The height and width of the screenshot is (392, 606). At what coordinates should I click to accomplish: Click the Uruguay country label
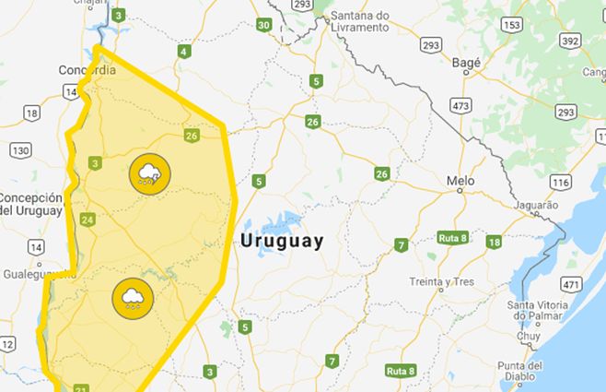click(x=282, y=242)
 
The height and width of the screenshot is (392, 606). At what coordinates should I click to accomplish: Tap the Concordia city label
click(x=86, y=70)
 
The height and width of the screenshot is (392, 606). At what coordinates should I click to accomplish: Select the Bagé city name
click(x=468, y=62)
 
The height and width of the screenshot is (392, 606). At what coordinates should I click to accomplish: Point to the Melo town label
click(x=460, y=181)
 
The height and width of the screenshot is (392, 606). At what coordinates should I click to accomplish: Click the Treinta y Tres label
click(x=437, y=281)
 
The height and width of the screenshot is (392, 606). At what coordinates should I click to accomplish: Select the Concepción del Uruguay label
click(x=31, y=204)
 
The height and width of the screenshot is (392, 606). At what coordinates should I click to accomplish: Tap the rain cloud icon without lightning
click(x=132, y=297)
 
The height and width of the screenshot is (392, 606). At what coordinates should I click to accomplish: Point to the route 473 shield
click(x=461, y=106)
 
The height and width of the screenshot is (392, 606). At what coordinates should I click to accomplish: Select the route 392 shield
click(x=570, y=41)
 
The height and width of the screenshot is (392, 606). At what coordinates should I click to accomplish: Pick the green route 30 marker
click(x=264, y=25)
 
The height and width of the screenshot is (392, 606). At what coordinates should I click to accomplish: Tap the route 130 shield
click(x=20, y=149)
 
